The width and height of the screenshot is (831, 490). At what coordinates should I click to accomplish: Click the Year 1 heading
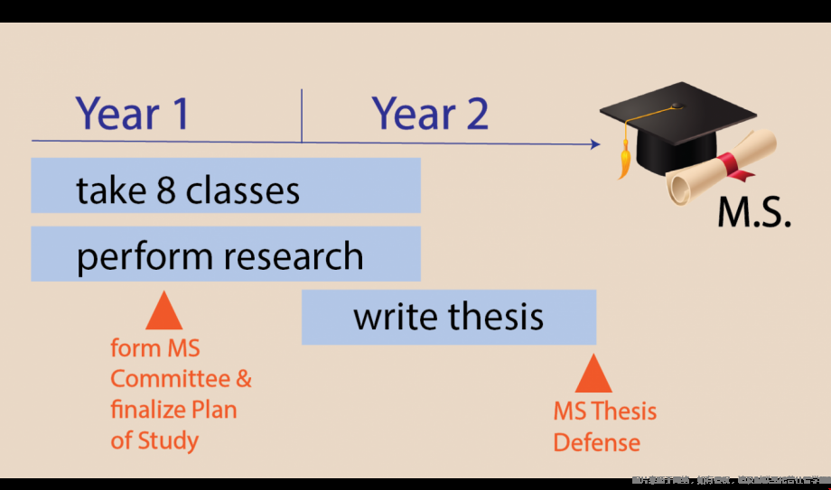pyautogui.click(x=133, y=114)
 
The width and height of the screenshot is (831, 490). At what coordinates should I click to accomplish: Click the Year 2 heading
pyautogui.click(x=430, y=114)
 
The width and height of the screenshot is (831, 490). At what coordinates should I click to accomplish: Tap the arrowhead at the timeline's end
pyautogui.click(x=594, y=143)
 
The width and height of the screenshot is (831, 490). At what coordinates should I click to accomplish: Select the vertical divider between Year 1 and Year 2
pyautogui.click(x=302, y=116)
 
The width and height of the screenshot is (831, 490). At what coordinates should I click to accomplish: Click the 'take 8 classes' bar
pyautogui.click(x=226, y=186)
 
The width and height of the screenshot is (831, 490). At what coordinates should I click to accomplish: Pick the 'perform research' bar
pyautogui.click(x=226, y=254)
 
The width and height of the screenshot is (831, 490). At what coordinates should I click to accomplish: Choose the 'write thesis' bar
pyautogui.click(x=449, y=317)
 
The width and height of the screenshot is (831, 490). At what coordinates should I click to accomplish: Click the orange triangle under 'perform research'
pyautogui.click(x=163, y=311)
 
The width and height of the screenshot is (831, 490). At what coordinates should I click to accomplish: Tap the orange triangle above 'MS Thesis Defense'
pyautogui.click(x=593, y=374)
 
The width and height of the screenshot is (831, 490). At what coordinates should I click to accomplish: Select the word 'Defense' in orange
pyautogui.click(x=596, y=443)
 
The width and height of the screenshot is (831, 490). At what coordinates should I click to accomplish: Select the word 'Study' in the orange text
pyautogui.click(x=167, y=440)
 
